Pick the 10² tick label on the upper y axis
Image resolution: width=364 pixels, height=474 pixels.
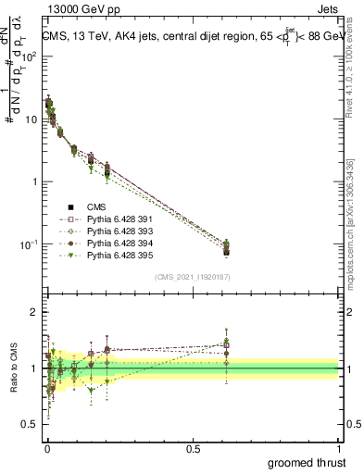click(x=30, y=57)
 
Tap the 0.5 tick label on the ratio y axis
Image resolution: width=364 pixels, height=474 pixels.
click(x=30, y=424)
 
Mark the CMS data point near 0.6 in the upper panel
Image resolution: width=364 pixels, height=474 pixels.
click(x=227, y=251)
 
